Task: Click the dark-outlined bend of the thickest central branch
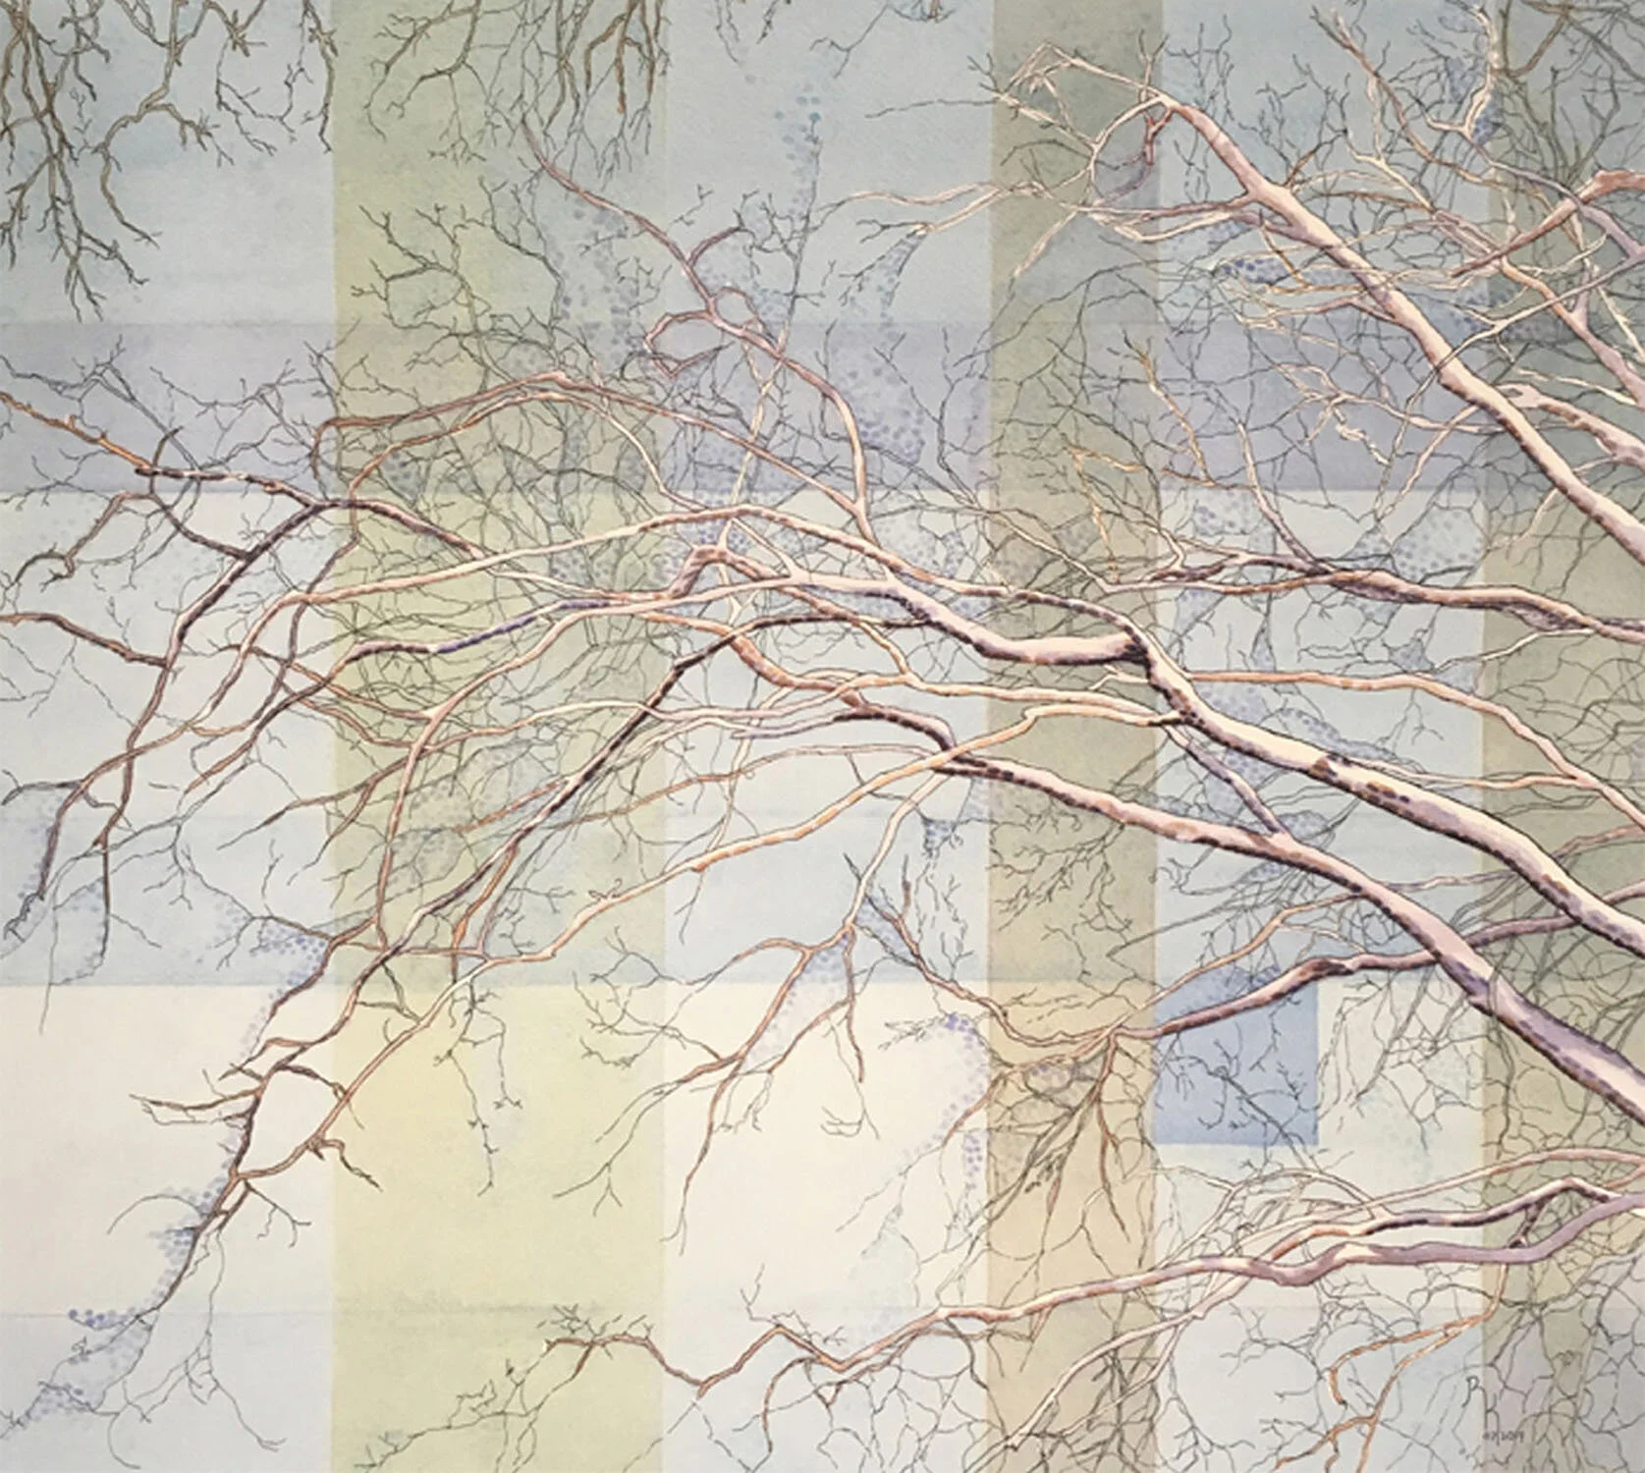click(1139, 648)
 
